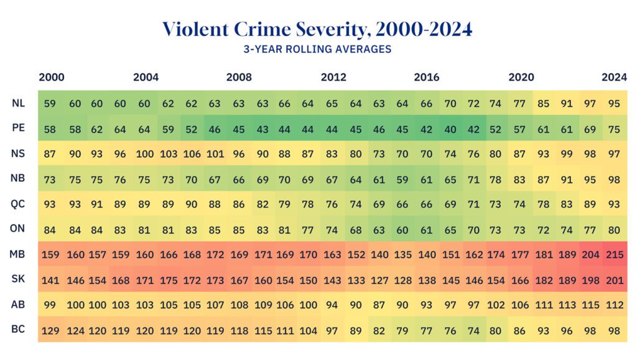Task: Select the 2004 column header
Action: (x=146, y=78)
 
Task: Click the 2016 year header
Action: (x=427, y=78)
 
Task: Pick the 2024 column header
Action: (x=614, y=78)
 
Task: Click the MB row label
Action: (x=18, y=254)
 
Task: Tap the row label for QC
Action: (x=18, y=204)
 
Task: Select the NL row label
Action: (x=18, y=103)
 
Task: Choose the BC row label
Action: (x=18, y=330)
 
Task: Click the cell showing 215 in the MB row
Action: (x=614, y=254)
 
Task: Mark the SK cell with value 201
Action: (x=614, y=280)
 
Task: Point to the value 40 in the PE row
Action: (x=450, y=129)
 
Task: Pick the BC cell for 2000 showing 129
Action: (x=50, y=330)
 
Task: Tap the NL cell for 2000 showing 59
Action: (x=50, y=104)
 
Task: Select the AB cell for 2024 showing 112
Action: (x=614, y=305)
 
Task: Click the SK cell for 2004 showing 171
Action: (x=144, y=280)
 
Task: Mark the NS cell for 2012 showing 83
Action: (x=332, y=154)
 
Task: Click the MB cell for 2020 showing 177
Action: (x=520, y=254)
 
